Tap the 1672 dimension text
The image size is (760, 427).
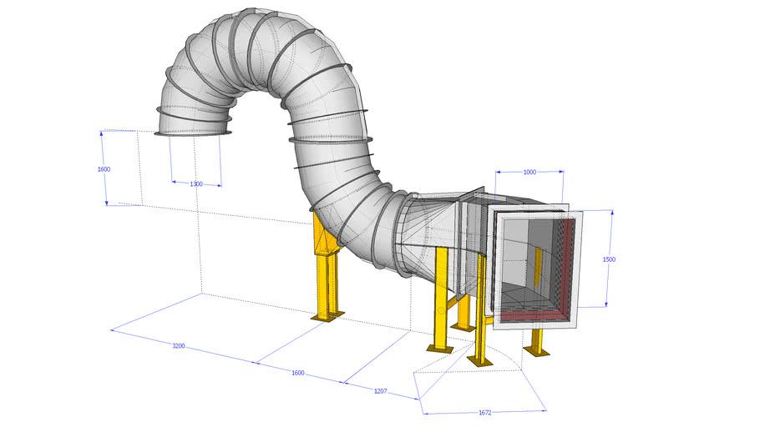(484, 411)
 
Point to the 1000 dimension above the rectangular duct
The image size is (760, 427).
(529, 172)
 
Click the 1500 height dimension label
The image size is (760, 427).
(609, 259)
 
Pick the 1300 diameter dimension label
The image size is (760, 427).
(196, 183)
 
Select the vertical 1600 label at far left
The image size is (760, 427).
(104, 168)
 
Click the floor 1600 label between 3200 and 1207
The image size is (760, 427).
(298, 373)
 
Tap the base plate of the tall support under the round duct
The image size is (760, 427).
(327, 316)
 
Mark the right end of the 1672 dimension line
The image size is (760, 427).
(546, 409)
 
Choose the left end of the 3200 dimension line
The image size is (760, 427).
(111, 330)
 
